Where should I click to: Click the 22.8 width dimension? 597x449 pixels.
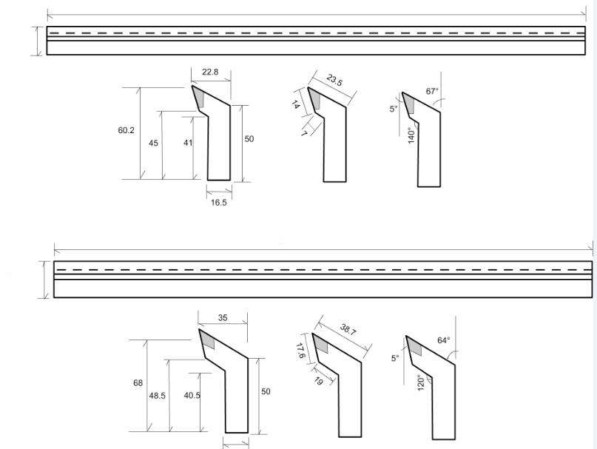(210, 72)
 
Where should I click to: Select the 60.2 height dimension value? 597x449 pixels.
(126, 130)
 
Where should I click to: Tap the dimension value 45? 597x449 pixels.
(153, 144)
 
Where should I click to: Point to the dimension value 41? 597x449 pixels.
(188, 143)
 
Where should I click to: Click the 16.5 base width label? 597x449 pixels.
(219, 203)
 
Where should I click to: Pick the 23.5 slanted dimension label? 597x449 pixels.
(334, 81)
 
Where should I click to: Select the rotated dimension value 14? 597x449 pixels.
(295, 104)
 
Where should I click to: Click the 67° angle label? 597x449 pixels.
(432, 92)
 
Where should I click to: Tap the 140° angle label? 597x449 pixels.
(411, 135)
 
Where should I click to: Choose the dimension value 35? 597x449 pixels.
(223, 317)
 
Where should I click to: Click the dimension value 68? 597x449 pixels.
(138, 382)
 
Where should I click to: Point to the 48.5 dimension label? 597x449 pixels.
(158, 396)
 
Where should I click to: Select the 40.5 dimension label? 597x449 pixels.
(192, 395)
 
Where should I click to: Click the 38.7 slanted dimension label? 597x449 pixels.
(348, 330)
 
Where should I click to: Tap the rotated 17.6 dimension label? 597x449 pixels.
(300, 351)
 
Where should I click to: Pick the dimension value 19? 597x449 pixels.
(319, 381)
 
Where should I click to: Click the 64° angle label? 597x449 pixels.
(444, 340)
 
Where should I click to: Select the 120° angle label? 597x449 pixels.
(421, 382)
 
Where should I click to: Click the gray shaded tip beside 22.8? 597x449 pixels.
(198, 97)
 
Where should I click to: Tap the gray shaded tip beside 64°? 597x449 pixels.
(415, 345)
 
